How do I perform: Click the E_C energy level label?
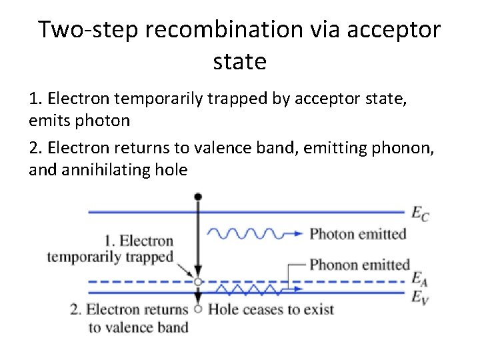click(x=419, y=213)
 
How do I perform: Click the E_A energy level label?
click(x=419, y=277)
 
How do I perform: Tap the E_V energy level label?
click(x=419, y=296)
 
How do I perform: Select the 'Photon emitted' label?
click(x=357, y=233)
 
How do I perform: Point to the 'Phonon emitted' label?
click(x=359, y=265)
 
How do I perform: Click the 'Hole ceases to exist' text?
click(x=271, y=309)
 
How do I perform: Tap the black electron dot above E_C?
click(x=197, y=197)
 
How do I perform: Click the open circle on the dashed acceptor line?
click(x=197, y=282)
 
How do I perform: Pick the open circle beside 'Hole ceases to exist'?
click(x=197, y=309)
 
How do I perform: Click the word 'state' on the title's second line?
click(x=240, y=61)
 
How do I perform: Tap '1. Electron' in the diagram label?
click(x=138, y=241)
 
